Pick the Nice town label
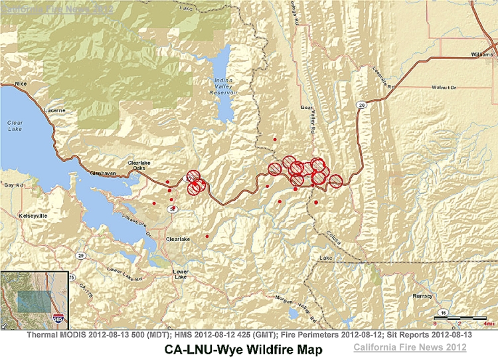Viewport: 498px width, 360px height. (24, 84)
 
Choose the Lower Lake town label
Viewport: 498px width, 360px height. (180, 275)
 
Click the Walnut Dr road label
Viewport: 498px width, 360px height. (444, 87)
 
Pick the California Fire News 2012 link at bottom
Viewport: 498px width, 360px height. (410, 347)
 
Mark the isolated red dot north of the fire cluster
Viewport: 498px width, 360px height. (275, 140)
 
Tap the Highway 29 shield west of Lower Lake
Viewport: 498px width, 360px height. (80, 255)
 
